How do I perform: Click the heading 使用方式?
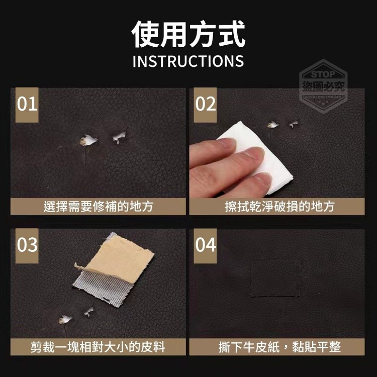189,34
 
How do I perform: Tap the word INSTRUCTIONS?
189,61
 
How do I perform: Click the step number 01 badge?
27,105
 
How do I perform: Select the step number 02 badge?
205,105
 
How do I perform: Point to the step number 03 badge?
27,246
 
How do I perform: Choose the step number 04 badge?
205,246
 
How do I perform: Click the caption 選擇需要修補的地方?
99,207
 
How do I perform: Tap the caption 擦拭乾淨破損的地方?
279,207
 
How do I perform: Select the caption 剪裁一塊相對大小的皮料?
98,347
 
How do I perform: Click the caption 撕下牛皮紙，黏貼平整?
279,347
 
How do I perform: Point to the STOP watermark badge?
323,86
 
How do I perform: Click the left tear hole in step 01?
88,140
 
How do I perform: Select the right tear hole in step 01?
119,137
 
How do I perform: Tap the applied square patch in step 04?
276,278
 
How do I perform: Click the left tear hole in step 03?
65,319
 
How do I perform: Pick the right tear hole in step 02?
294,124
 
